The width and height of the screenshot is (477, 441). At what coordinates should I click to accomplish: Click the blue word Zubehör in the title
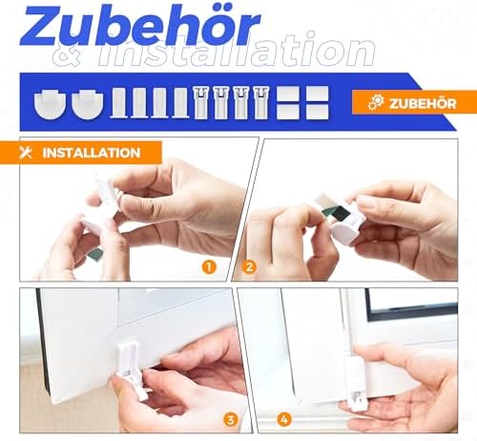pos(140,26)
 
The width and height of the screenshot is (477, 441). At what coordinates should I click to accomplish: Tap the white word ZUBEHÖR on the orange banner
pos(423,103)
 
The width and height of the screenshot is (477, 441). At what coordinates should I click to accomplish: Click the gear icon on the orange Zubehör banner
pos(376,103)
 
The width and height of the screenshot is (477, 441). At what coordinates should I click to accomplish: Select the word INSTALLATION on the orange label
pos(92,153)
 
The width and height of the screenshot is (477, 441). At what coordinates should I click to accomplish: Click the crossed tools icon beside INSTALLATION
pos(26,153)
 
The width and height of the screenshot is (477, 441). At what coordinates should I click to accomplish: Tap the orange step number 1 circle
pos(209,267)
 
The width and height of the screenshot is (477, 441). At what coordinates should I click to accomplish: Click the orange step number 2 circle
pos(249,267)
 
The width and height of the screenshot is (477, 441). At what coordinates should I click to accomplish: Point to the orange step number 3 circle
pos(231,420)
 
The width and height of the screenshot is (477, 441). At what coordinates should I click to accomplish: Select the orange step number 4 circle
pos(284,420)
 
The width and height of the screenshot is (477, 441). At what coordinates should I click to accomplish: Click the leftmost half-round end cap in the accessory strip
pos(50,104)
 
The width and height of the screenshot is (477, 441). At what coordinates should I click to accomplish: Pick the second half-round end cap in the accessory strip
pos(88,104)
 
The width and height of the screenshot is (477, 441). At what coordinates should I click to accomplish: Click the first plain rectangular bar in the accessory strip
pos(119,103)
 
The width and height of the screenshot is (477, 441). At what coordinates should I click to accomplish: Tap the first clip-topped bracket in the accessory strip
pos(201,102)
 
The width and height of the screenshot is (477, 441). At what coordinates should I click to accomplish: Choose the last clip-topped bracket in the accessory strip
pos(261,102)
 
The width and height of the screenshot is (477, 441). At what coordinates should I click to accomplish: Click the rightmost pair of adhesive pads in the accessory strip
pos(317,103)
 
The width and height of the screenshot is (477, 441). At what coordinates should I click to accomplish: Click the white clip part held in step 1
pos(101,203)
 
